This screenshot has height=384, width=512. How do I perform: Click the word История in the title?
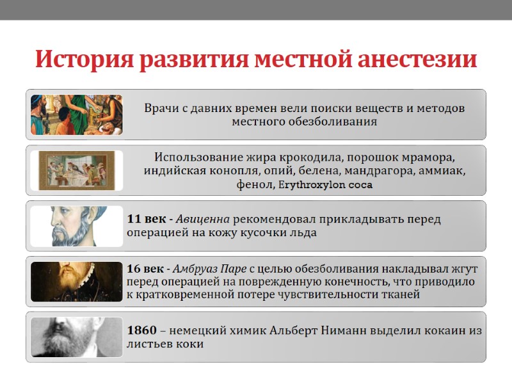[82, 60]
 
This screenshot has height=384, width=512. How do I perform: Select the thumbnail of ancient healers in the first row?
[76, 115]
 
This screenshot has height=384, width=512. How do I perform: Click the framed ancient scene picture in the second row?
[76, 170]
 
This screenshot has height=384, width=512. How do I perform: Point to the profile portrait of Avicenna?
[76, 226]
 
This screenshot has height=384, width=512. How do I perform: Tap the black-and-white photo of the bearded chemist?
[76, 337]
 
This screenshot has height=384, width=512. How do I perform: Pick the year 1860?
[141, 330]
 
